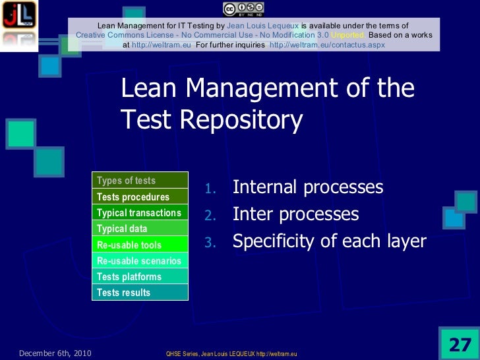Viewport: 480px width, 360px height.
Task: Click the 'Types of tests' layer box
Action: click(x=140, y=181)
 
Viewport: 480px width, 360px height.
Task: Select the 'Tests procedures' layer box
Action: click(x=140, y=196)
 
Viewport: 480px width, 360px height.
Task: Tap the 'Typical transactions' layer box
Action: click(x=140, y=213)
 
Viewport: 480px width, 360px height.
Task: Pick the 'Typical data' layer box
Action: click(x=140, y=229)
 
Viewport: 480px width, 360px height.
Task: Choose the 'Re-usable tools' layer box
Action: click(x=140, y=245)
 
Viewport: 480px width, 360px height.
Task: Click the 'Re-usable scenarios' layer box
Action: click(x=140, y=261)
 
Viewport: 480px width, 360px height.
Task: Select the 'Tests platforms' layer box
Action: click(x=140, y=277)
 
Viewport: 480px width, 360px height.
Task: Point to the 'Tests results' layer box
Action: click(x=140, y=293)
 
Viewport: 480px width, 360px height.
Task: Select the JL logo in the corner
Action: click(x=18, y=18)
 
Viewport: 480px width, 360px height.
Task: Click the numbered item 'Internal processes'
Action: click(x=307, y=187)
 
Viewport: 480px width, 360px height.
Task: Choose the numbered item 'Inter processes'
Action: click(x=295, y=214)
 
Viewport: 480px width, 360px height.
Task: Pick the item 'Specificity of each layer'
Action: click(x=330, y=241)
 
